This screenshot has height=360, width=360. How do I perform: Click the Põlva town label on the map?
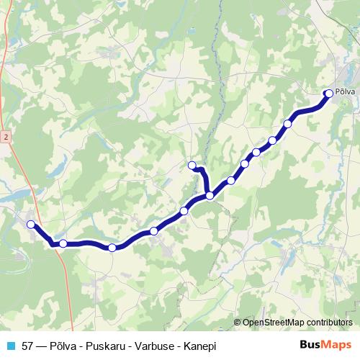[x=346, y=93]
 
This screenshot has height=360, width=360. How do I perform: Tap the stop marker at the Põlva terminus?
[x=329, y=93]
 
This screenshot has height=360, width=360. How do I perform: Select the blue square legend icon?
[x=10, y=346]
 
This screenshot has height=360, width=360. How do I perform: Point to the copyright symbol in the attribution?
[x=238, y=322]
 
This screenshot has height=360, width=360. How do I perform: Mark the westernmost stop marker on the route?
[x=31, y=225]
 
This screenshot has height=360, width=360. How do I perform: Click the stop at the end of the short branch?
[x=192, y=166]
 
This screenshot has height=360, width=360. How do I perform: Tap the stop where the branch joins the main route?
[x=210, y=195]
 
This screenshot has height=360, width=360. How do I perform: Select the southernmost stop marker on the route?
[x=112, y=248]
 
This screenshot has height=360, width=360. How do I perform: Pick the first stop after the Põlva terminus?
[x=288, y=124]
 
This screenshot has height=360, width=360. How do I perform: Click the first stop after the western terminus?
[x=63, y=243]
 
